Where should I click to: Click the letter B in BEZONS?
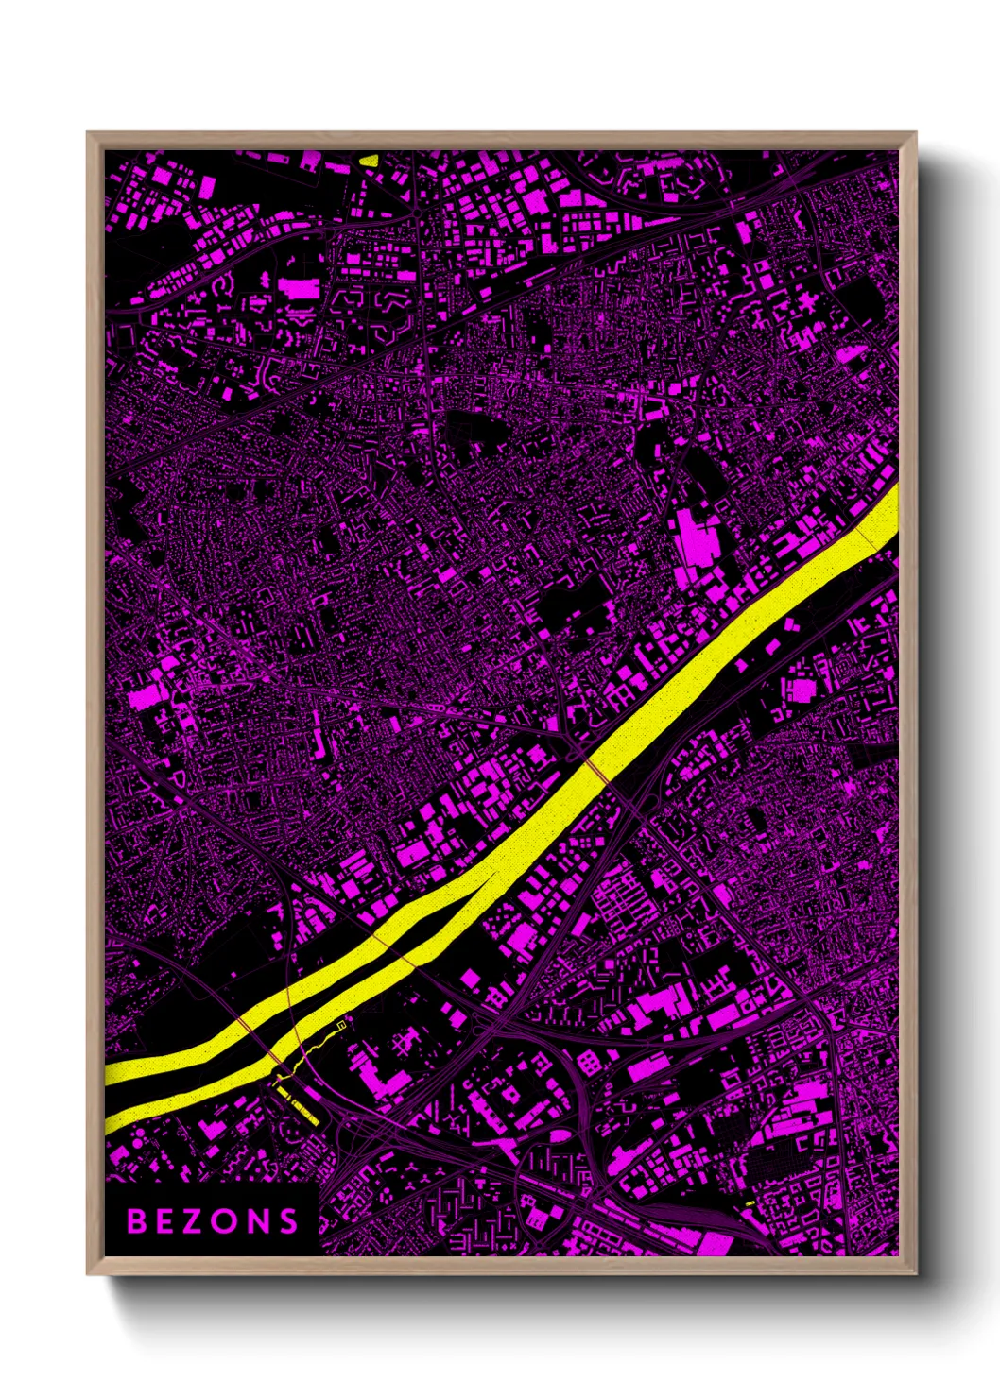tap(137, 1221)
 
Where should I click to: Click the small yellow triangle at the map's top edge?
tap(369, 160)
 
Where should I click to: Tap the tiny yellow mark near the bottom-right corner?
tap(750, 1202)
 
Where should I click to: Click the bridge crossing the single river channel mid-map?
tap(597, 771)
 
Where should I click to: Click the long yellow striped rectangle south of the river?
tap(297, 1104)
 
